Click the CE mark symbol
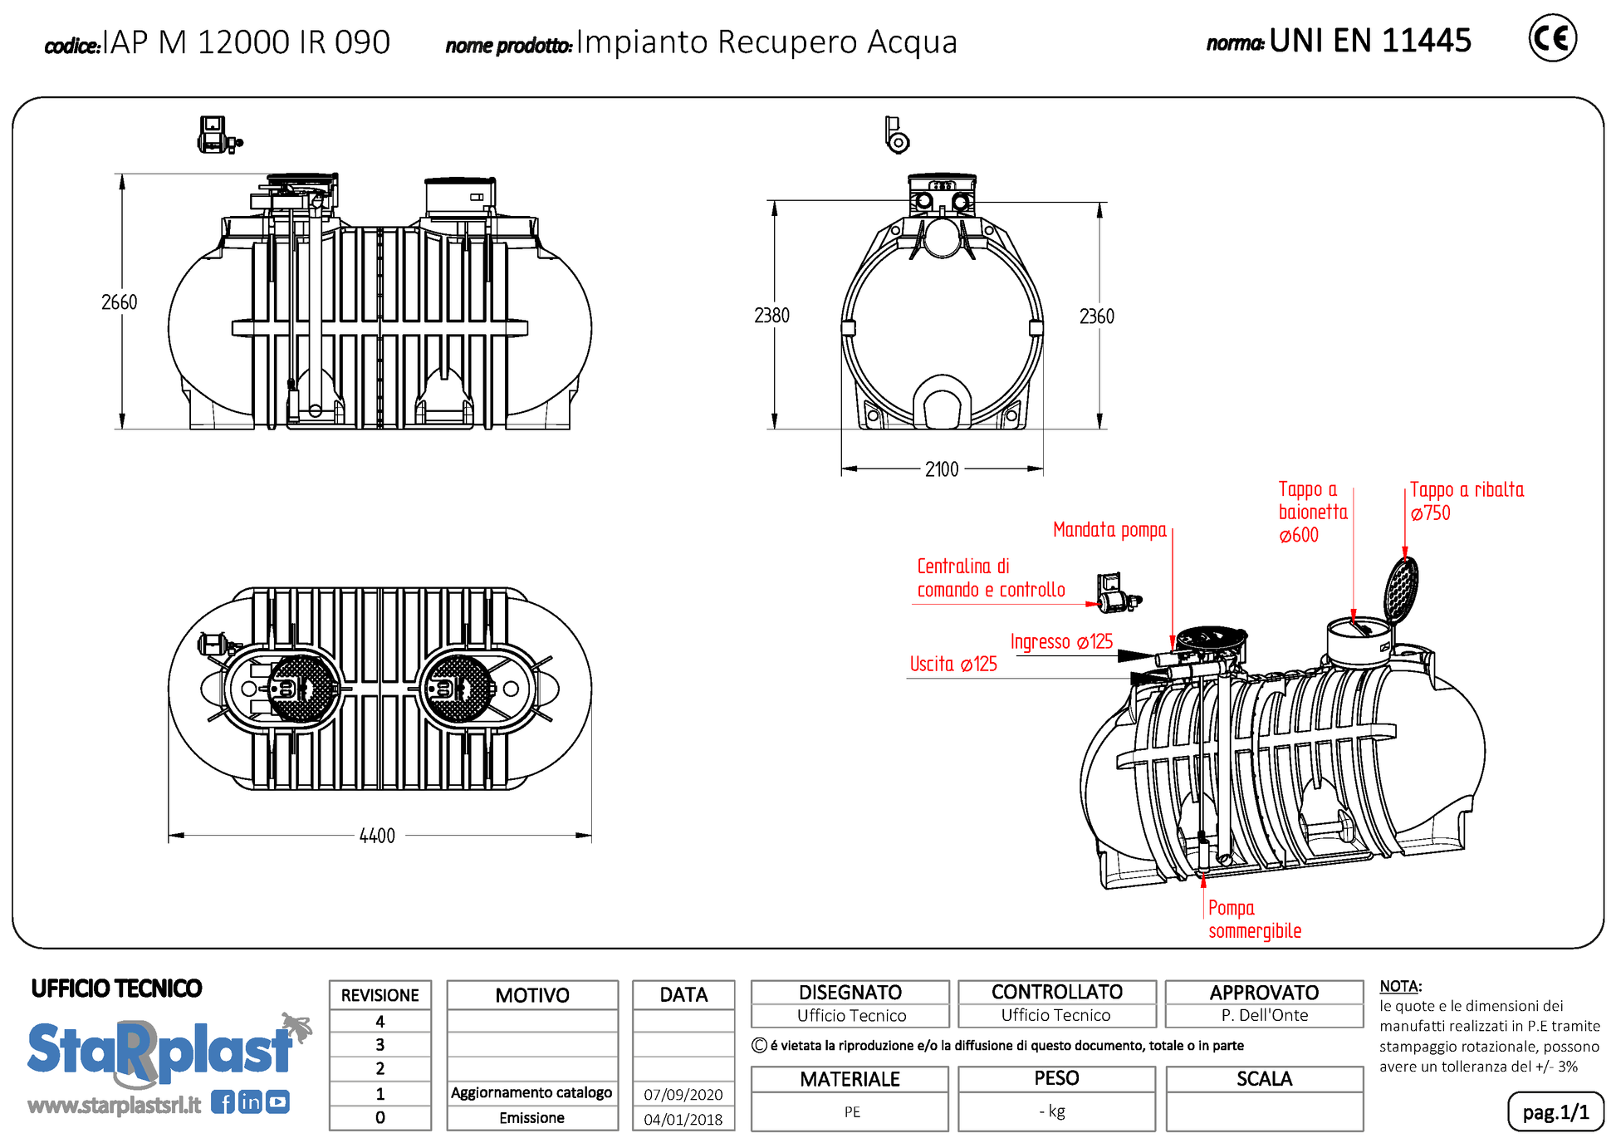click(1551, 38)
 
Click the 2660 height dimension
click(119, 302)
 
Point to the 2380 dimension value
click(771, 316)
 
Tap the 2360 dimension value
click(1096, 316)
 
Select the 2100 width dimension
click(942, 469)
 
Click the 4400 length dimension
click(377, 836)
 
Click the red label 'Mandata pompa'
click(1109, 530)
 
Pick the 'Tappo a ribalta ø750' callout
click(1467, 501)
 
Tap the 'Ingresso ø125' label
click(1061, 641)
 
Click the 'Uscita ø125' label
click(953, 664)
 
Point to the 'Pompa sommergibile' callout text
click(1254, 920)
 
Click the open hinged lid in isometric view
click(1401, 587)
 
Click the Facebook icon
click(223, 1102)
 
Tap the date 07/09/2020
click(683, 1095)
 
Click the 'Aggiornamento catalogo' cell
click(531, 1093)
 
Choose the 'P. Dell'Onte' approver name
click(1264, 1015)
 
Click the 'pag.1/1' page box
click(1555, 1112)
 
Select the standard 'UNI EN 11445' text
click(1370, 41)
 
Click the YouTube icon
click(277, 1102)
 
